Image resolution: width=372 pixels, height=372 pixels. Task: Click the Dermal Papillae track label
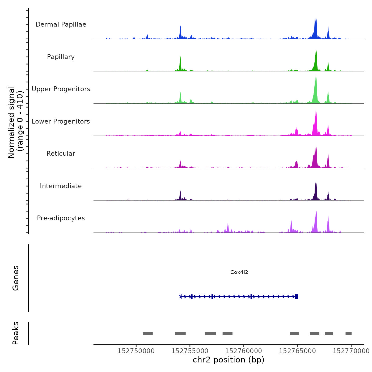click(61, 24)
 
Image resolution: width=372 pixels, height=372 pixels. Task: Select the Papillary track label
click(61, 57)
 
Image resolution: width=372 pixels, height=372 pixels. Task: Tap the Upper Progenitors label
click(61, 89)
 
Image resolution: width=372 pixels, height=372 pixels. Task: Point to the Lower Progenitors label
click(61, 121)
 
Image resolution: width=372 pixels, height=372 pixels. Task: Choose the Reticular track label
click(61, 154)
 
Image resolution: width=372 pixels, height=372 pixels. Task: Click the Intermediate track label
click(61, 186)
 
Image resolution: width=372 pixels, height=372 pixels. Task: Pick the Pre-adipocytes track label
click(61, 218)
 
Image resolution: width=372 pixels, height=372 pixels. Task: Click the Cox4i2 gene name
click(239, 272)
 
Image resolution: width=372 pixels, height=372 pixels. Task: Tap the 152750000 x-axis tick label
click(136, 351)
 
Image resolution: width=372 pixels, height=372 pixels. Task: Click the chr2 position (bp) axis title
click(229, 360)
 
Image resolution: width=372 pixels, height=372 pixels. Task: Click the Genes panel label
click(16, 278)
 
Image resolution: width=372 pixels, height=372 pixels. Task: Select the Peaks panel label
click(16, 333)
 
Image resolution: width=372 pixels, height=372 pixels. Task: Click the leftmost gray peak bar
click(148, 333)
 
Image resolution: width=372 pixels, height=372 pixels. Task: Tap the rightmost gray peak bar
click(348, 333)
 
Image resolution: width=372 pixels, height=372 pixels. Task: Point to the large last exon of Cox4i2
click(296, 297)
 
